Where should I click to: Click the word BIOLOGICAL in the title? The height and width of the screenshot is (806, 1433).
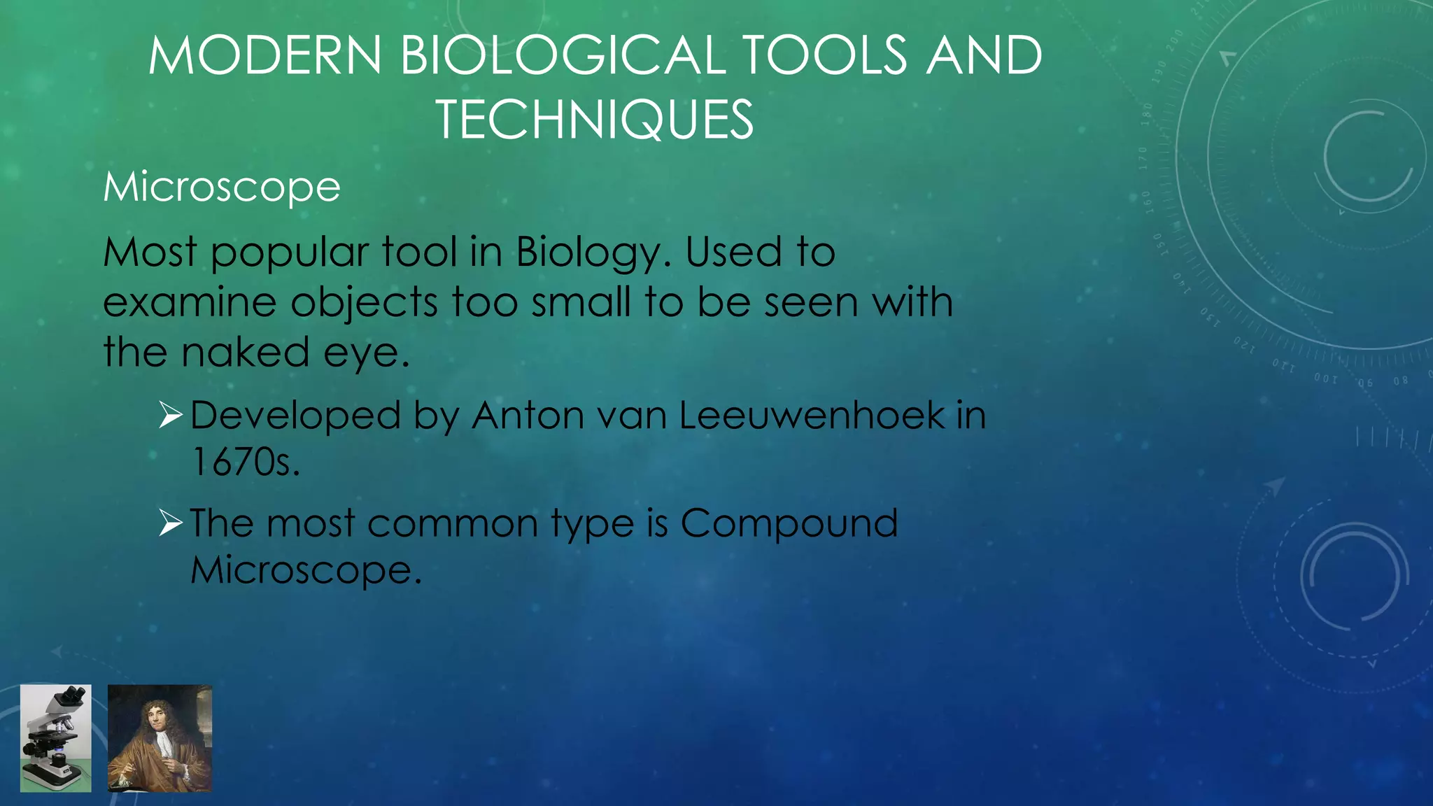click(x=564, y=56)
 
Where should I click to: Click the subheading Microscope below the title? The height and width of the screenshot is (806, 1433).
click(x=222, y=188)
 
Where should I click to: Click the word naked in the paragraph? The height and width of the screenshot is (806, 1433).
click(x=245, y=353)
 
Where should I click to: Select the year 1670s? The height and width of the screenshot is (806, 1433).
click(x=245, y=462)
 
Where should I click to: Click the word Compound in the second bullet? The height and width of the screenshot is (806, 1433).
click(x=789, y=523)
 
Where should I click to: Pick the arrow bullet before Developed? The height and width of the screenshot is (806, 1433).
click(x=170, y=415)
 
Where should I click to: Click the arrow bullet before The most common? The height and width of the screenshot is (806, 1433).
click(x=170, y=523)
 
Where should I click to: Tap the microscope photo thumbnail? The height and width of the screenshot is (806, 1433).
click(x=56, y=738)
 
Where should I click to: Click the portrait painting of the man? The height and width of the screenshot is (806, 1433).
click(x=160, y=738)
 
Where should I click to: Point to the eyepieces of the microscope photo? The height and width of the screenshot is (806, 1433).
click(x=73, y=695)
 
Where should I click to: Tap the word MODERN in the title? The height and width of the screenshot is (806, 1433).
click(x=265, y=56)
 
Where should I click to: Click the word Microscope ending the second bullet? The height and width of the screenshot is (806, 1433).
click(x=306, y=571)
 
